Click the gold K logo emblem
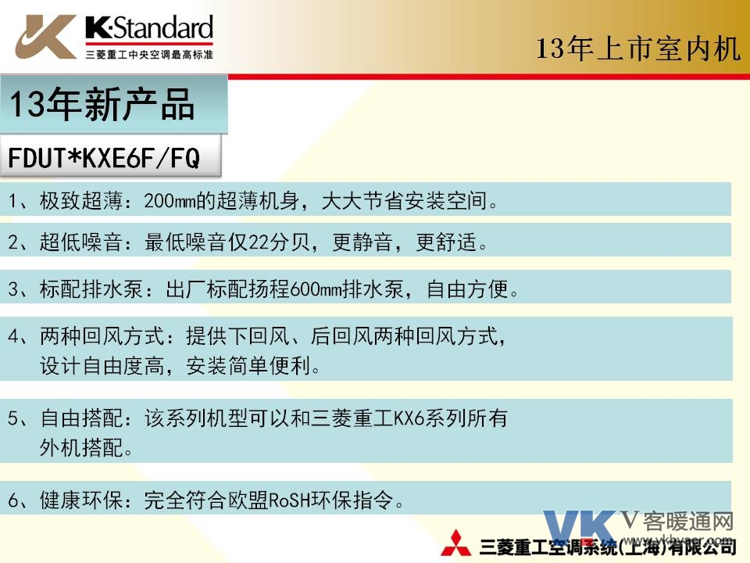pyautogui.click(x=45, y=37)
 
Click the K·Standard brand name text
pyautogui.click(x=149, y=28)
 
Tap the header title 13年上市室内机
pyautogui.click(x=638, y=48)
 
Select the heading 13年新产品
pyautogui.click(x=102, y=104)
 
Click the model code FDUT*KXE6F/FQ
pyautogui.click(x=104, y=157)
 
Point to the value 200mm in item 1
pyautogui.click(x=170, y=201)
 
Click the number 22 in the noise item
pyautogui.click(x=259, y=242)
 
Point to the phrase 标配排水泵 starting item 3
pyautogui.click(x=91, y=289)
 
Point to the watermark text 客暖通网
pyautogui.click(x=687, y=522)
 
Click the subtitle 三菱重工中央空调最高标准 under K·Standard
pyautogui.click(x=149, y=55)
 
